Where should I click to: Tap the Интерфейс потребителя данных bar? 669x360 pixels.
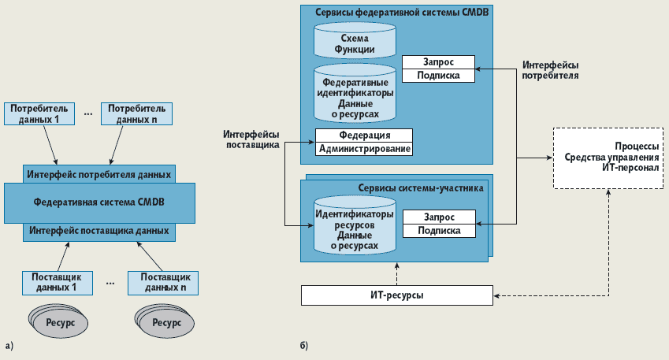tap(98, 174)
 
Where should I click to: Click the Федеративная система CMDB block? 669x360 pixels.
tap(99, 202)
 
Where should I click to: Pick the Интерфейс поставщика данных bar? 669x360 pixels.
tap(98, 232)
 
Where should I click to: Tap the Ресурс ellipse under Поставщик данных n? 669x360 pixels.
tap(166, 323)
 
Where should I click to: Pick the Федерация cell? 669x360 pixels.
tap(365, 135)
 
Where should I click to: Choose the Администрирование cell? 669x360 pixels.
tap(365, 148)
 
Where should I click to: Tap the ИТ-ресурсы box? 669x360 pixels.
tap(397, 295)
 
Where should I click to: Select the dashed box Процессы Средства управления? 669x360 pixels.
tap(608, 157)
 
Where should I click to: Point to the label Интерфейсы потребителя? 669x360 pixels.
tap(550, 70)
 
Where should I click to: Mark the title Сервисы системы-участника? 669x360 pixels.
tap(421, 187)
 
